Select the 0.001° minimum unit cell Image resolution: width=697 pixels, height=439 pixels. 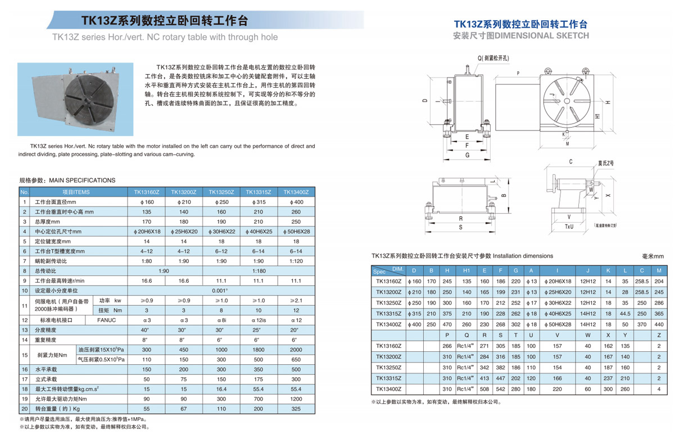click(x=220, y=291)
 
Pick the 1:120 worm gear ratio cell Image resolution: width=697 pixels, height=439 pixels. click(x=297, y=261)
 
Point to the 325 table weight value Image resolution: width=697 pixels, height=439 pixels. click(x=297, y=409)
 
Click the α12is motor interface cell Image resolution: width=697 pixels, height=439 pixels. click(x=259, y=320)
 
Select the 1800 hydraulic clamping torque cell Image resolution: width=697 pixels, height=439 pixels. click(x=259, y=349)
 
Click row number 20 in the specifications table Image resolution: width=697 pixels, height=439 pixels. click(x=24, y=409)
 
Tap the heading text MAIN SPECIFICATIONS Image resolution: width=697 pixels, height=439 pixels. click(x=82, y=180)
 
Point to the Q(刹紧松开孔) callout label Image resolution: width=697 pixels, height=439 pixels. click(x=493, y=58)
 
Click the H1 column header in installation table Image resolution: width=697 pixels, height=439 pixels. click(x=466, y=270)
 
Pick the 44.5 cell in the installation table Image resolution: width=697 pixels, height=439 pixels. click(x=624, y=314)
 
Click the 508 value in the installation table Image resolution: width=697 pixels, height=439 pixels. click(x=484, y=389)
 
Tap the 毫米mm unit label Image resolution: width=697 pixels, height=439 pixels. click(x=653, y=256)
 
